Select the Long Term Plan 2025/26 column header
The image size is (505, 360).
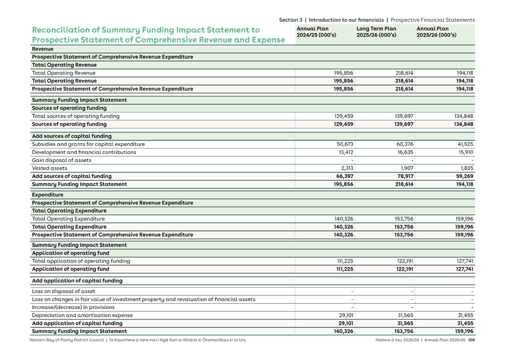pos(376,32)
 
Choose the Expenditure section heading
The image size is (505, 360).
pos(47,195)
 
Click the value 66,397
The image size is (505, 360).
pos(344,176)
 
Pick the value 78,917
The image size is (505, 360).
pos(404,176)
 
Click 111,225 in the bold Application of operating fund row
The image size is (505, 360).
pos(344,269)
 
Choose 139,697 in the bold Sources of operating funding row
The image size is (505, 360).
pos(404,124)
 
